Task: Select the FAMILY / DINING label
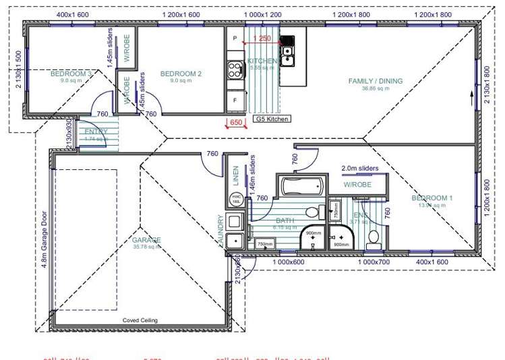(x=375, y=81)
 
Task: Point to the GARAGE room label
(x=146, y=240)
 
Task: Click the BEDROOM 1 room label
(x=432, y=198)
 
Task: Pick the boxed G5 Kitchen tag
(x=272, y=119)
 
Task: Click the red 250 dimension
(x=264, y=39)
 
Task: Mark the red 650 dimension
(x=235, y=123)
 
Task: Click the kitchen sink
(x=287, y=48)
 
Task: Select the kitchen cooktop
(x=235, y=68)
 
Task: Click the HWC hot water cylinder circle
(x=236, y=199)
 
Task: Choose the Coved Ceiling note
(x=140, y=320)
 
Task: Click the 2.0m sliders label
(x=360, y=169)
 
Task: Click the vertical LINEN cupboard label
(x=236, y=175)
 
